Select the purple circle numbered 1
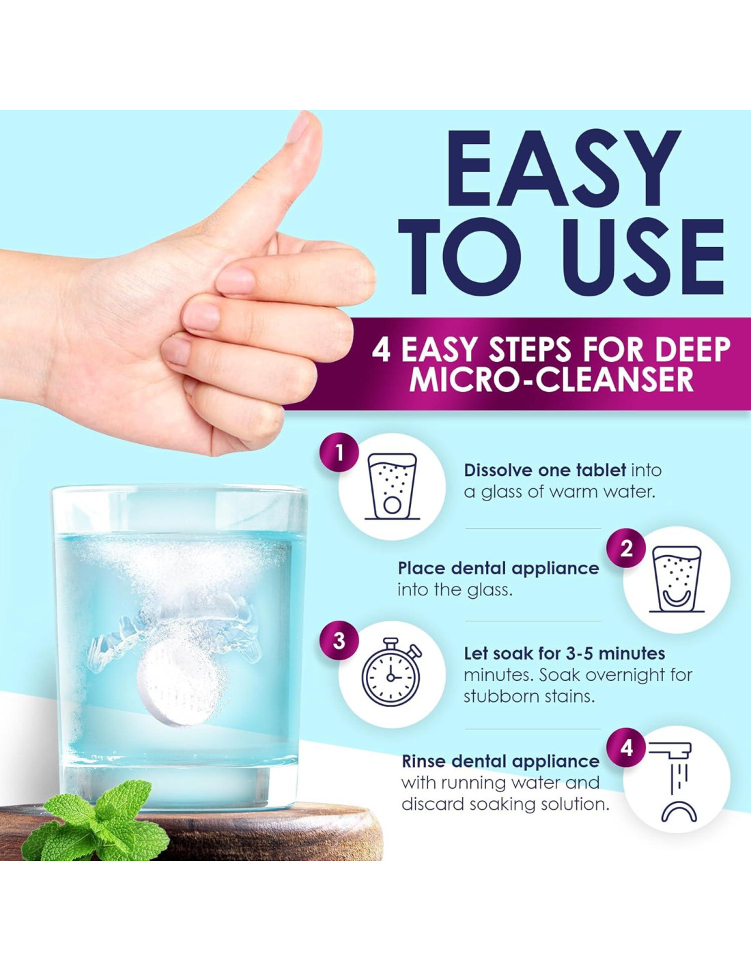click(339, 455)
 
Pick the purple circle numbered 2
click(626, 549)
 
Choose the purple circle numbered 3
click(339, 641)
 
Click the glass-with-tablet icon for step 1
click(393, 487)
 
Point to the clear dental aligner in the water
click(174, 630)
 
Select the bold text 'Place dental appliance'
click(498, 569)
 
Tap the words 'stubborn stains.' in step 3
click(529, 696)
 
